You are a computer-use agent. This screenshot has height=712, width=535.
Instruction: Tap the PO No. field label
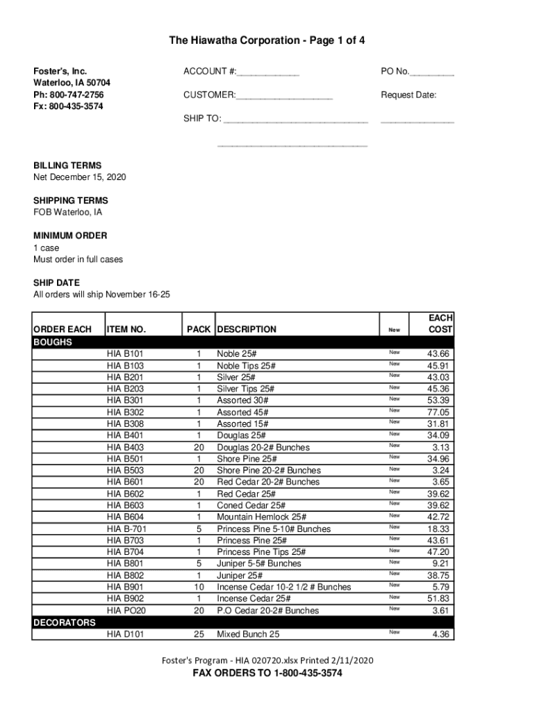(395, 72)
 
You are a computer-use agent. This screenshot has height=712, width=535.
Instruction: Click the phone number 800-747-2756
(69, 95)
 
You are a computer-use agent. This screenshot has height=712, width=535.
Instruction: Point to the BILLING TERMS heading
(67, 165)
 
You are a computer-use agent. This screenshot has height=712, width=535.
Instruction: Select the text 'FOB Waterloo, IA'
(68, 212)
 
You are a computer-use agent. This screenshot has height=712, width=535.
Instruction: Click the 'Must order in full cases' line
(78, 259)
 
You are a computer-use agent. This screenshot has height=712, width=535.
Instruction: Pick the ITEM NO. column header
(126, 330)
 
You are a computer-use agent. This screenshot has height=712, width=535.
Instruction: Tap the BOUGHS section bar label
(53, 342)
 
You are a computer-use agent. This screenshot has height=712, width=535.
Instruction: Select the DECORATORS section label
(65, 622)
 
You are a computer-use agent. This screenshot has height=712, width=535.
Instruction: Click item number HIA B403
(125, 447)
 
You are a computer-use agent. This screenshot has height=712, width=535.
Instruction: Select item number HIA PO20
(126, 610)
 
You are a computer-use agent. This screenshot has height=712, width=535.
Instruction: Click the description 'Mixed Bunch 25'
(248, 634)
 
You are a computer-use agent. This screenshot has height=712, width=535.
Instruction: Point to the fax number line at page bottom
(267, 674)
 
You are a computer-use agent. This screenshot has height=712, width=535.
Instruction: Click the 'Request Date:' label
(409, 95)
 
